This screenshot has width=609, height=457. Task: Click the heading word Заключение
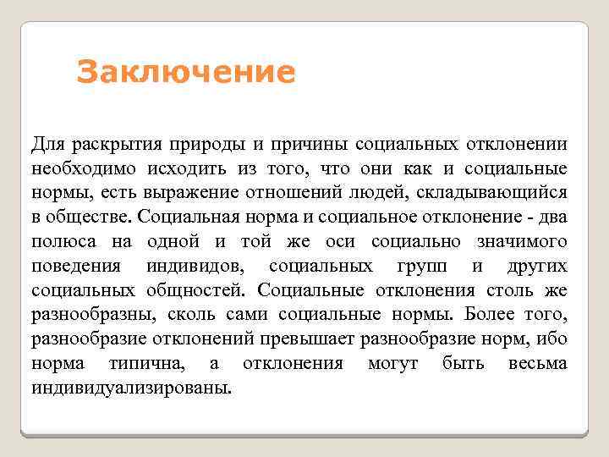click(x=186, y=72)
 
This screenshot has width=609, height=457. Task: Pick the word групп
click(x=424, y=266)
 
